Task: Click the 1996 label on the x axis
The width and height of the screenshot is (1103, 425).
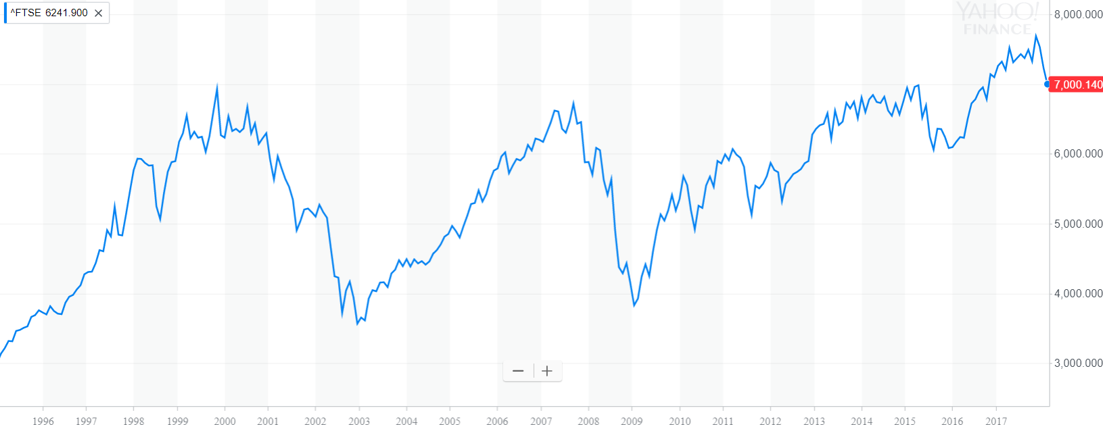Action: pos(43,421)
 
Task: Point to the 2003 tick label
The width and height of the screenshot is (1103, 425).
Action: pos(359,421)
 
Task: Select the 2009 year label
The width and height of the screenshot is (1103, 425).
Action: pos(632,421)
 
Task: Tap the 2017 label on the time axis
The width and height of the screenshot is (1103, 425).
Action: pos(996,421)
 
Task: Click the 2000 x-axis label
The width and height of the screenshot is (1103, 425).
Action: pos(225,421)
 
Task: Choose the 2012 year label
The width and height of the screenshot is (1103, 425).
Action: pos(770,421)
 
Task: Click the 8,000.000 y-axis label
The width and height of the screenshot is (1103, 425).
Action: pos(1078,15)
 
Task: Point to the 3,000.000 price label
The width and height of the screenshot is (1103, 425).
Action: pos(1078,364)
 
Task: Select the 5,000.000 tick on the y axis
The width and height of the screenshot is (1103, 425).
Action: pos(1078,224)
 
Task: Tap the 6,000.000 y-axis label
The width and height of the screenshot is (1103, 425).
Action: pos(1078,154)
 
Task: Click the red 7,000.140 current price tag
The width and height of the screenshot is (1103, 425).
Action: pos(1077,84)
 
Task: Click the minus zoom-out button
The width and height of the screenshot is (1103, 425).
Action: pos(519,371)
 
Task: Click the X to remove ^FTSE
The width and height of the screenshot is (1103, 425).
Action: pos(99,13)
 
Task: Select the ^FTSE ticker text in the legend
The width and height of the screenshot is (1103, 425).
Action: pos(26,13)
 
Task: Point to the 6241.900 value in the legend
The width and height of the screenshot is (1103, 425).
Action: pos(66,13)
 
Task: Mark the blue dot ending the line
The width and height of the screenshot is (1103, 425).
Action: pos(1047,84)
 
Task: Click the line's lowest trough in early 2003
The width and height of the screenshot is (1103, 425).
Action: pos(358,324)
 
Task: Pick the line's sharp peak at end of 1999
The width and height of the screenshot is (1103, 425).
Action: pos(217,85)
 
